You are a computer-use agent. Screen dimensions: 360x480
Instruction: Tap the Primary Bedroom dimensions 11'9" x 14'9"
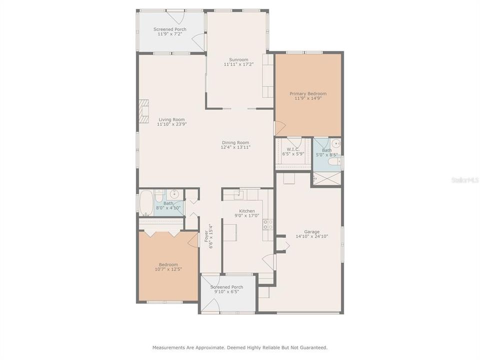coord(308,98)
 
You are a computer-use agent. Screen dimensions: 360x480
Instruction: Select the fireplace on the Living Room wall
coord(143,111)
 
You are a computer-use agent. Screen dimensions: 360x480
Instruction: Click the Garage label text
coord(308,231)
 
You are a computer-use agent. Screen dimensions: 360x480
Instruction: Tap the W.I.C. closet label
coord(290,149)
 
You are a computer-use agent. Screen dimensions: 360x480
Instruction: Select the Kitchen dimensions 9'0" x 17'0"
coord(247,216)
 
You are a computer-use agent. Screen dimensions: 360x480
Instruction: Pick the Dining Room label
coord(235,142)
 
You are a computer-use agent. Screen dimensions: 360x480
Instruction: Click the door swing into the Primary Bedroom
coord(279,128)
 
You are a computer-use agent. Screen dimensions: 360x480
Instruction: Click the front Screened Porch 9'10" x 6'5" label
coord(226,287)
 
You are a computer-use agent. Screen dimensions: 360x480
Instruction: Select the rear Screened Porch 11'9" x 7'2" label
coord(169,29)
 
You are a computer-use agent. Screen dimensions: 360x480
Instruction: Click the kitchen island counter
coord(230,232)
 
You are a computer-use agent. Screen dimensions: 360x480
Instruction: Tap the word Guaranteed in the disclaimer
coord(312,347)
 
